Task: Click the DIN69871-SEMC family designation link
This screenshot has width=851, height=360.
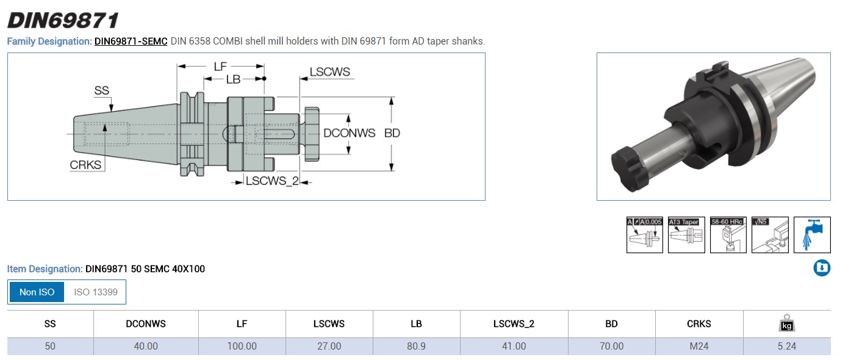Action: click(131, 41)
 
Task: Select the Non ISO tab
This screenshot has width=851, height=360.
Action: click(37, 292)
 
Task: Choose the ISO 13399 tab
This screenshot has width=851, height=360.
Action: click(95, 292)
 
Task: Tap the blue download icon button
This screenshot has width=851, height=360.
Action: click(822, 268)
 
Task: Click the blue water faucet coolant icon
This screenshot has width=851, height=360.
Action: click(811, 235)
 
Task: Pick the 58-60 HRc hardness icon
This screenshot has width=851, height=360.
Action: click(728, 235)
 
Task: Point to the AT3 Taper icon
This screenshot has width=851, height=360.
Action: click(686, 235)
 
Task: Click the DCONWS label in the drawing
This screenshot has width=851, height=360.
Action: click(349, 133)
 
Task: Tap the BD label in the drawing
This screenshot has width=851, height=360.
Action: click(392, 133)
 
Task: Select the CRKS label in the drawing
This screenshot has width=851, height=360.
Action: click(85, 165)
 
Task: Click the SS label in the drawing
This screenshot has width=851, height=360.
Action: click(101, 91)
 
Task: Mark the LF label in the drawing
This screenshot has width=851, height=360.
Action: click(221, 66)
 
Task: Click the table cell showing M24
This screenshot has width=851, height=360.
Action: click(698, 346)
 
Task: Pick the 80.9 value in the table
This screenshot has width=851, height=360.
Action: click(416, 346)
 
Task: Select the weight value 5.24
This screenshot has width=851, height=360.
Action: click(786, 346)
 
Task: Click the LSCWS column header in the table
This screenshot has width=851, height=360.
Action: click(329, 324)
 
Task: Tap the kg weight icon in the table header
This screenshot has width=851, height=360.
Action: click(786, 324)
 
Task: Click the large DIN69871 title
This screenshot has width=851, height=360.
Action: click(62, 20)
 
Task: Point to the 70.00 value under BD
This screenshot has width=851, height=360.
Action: click(611, 346)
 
